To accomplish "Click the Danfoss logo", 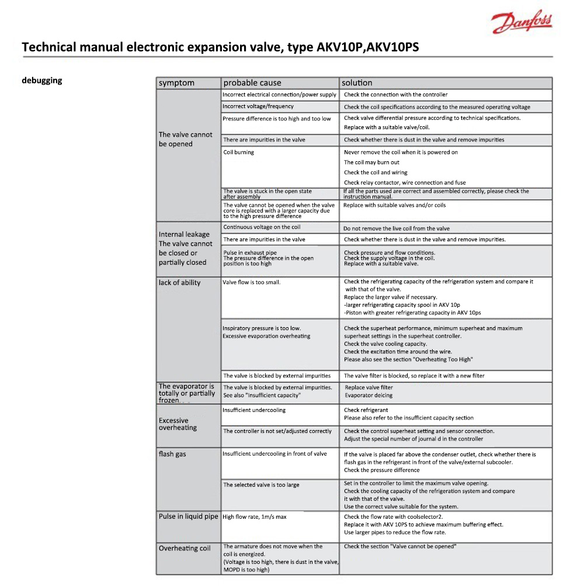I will point(522,23).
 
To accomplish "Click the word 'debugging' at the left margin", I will point(41,81).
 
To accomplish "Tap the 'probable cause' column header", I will point(252,83).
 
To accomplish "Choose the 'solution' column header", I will point(357,83).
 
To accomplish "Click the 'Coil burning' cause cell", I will point(239,152).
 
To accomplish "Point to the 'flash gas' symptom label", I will point(172,454).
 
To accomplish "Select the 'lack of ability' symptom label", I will point(179,283).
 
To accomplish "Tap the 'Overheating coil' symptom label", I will point(185,549).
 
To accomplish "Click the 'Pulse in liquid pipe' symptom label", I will point(188,516).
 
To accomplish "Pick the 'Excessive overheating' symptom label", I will point(178,424).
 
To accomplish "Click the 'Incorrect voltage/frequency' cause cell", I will point(258,106).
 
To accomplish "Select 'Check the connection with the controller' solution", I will point(396,95).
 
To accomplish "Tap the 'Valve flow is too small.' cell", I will point(252,283).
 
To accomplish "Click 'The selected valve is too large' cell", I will point(261,485).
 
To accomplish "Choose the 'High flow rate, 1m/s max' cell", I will point(255,517).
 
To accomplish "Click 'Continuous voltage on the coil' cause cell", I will point(262,227).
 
